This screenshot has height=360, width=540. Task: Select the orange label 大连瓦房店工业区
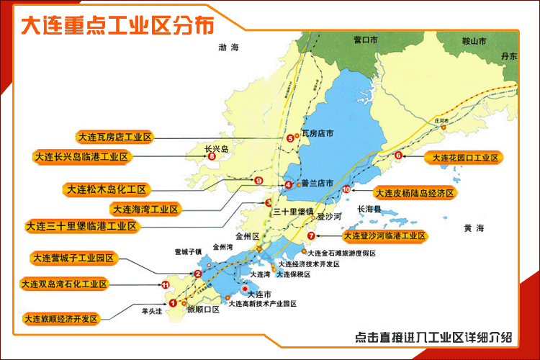(114, 136)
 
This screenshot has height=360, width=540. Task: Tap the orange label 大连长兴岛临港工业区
(81, 156)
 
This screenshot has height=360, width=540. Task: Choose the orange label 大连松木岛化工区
(107, 190)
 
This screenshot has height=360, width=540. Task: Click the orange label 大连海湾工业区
(145, 209)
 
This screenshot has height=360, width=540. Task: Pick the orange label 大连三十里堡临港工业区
(81, 226)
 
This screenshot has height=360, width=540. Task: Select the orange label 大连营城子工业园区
(75, 258)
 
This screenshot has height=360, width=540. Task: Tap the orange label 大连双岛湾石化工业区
(65, 284)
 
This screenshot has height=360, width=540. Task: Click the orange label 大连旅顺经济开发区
(60, 318)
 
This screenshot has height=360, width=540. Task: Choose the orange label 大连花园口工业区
(464, 156)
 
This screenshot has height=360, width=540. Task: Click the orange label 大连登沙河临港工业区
(385, 235)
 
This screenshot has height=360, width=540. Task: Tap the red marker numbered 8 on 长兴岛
(212, 156)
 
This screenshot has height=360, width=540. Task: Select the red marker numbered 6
(398, 156)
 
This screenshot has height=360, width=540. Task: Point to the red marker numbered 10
(346, 189)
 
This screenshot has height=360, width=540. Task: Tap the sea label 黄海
(474, 228)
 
